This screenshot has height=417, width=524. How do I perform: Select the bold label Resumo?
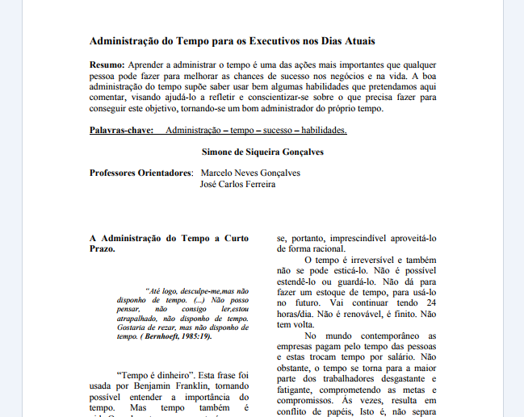[x=107, y=64]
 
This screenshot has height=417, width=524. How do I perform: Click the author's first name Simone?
[x=217, y=151]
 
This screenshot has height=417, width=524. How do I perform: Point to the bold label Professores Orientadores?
[x=141, y=173]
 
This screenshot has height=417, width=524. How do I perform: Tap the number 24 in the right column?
[x=430, y=302]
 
